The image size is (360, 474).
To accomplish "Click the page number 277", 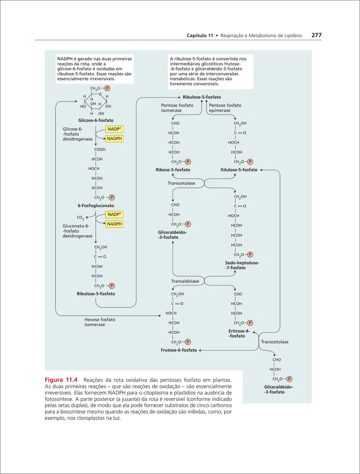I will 316,36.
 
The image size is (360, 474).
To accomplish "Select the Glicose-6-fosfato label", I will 96,120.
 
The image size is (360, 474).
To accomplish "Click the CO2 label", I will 80,218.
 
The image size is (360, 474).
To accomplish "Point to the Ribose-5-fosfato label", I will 173,170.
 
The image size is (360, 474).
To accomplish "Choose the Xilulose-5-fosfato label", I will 239,170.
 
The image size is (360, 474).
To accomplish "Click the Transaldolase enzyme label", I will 185,281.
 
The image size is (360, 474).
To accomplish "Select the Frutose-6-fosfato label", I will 179,350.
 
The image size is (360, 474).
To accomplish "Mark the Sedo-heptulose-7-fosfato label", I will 242,265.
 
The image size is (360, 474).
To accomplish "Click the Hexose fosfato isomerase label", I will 100,322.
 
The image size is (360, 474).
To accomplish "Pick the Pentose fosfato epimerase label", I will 225,108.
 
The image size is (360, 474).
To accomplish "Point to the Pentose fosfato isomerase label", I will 177,108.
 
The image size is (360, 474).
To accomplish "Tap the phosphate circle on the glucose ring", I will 107,88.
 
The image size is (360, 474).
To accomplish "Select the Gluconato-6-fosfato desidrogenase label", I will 77,231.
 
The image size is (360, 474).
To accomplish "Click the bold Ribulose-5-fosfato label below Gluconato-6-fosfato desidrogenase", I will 96,294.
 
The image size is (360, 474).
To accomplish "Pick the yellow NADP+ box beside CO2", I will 114,214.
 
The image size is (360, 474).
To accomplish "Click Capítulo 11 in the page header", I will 200,36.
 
